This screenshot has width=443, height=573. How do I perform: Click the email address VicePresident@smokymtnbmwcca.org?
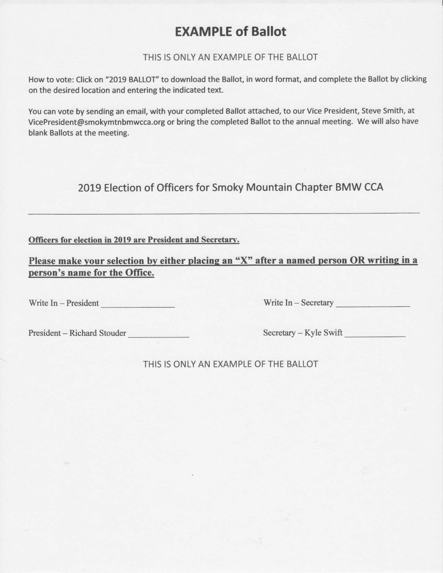point(97,122)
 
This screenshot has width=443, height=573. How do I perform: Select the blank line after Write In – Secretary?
point(373,306)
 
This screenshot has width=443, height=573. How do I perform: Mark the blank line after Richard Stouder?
point(159,336)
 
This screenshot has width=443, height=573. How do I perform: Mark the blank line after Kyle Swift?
point(375,336)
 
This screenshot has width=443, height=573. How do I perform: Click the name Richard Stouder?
point(98,333)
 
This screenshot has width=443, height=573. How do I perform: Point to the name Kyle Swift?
point(323,333)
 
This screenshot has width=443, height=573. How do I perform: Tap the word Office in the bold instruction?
point(141,273)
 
